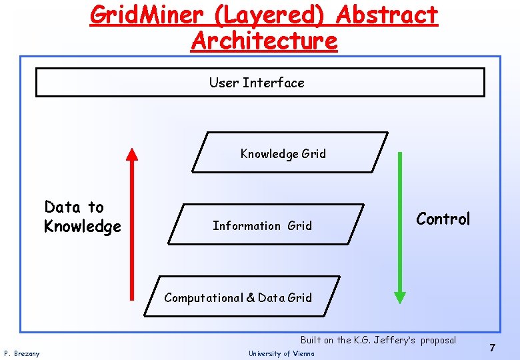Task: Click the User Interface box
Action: (x=259, y=83)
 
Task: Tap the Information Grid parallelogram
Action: (x=265, y=225)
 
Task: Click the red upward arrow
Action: (x=132, y=233)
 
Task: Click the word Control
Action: (x=443, y=219)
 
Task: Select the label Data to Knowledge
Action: (x=82, y=217)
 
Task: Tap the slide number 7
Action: (x=492, y=347)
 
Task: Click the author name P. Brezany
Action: (x=22, y=353)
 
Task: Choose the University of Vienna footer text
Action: (x=281, y=353)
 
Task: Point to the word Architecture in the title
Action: (x=264, y=41)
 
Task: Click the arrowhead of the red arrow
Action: (x=132, y=154)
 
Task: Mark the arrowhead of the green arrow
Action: (x=399, y=295)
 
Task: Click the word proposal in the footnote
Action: (x=438, y=340)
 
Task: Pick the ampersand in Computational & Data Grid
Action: (x=251, y=297)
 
